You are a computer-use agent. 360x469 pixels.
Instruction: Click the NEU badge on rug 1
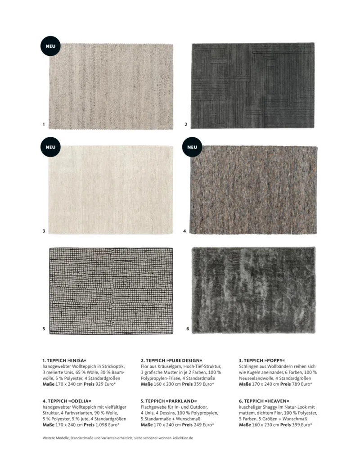(50, 45)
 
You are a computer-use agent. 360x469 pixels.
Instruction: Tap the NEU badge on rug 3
(50, 147)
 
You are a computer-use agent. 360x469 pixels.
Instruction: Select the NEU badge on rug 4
(192, 147)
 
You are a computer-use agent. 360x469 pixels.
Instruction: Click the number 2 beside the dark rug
(186, 124)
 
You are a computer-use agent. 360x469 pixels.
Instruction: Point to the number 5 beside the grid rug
(44, 329)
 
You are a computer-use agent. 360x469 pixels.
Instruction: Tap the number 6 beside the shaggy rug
(187, 329)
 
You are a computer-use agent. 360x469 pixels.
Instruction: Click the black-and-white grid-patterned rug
(111, 291)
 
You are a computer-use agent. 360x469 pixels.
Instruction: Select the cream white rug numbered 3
(111, 189)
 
